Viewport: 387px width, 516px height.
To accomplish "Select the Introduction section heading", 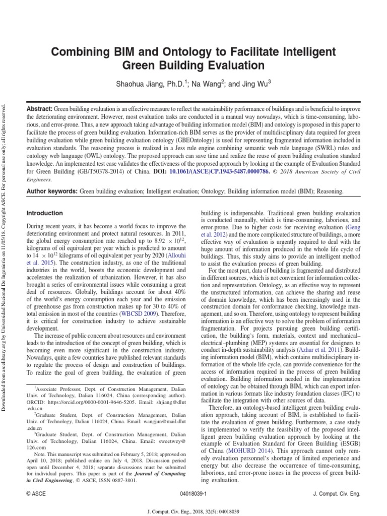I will point(44,213).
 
